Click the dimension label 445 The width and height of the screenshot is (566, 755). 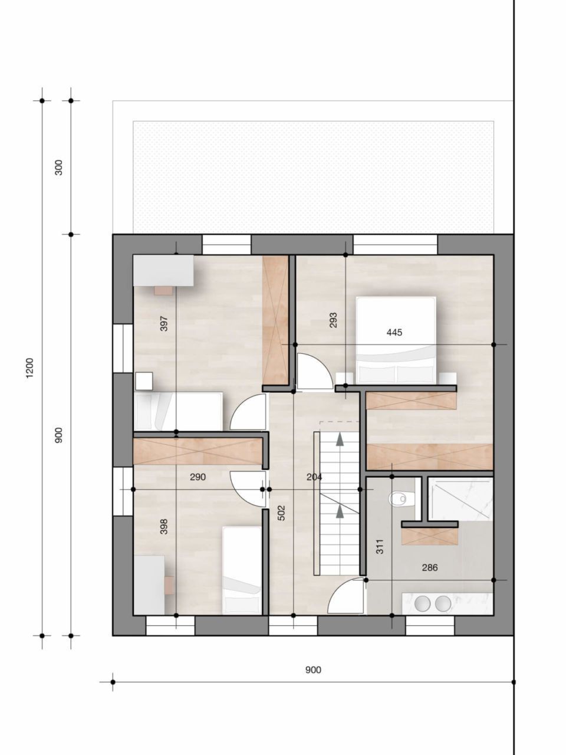pyautogui.click(x=394, y=333)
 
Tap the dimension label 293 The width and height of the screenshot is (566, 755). pyautogui.click(x=333, y=320)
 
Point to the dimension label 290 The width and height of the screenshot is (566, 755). pyautogui.click(x=198, y=477)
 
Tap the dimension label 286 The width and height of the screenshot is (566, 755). pyautogui.click(x=430, y=568)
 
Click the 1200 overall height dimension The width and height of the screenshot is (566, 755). pyautogui.click(x=30, y=369)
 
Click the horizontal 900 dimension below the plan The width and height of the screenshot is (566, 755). pyautogui.click(x=313, y=669)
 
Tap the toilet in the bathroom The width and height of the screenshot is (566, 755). pyautogui.click(x=399, y=499)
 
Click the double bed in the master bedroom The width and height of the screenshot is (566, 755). pyautogui.click(x=396, y=340)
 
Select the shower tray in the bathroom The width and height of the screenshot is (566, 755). pyautogui.click(x=459, y=499)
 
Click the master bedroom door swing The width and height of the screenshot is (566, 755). pyautogui.click(x=312, y=372)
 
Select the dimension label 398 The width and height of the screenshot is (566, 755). pyautogui.click(x=164, y=526)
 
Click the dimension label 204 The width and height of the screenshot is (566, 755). pyautogui.click(x=314, y=477)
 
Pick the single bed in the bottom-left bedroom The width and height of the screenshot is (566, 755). pyautogui.click(x=242, y=569)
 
